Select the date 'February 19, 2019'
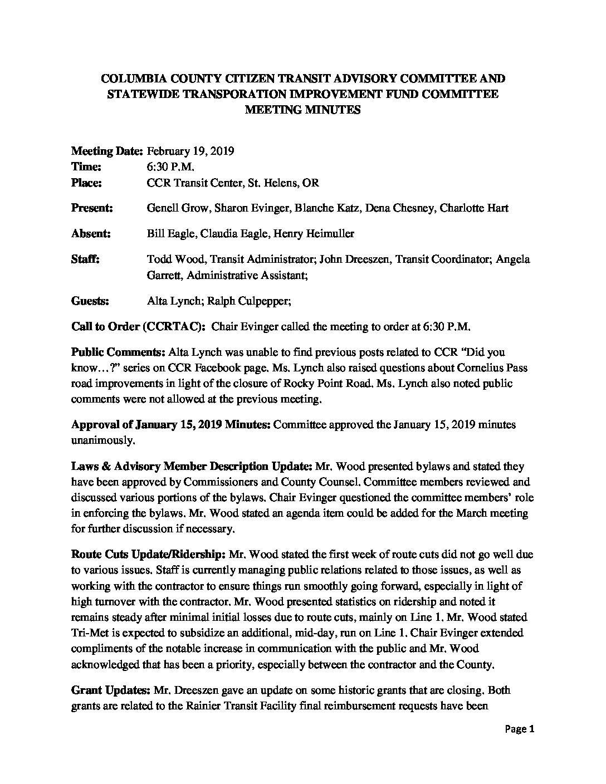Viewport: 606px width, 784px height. (190, 151)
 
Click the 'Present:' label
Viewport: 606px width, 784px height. (92, 208)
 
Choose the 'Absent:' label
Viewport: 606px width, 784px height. (91, 234)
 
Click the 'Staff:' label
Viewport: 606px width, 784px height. (85, 259)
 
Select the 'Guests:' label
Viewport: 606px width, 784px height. (90, 301)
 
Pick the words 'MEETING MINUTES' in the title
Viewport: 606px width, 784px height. (303, 110)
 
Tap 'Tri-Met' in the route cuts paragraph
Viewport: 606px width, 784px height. (88, 633)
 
